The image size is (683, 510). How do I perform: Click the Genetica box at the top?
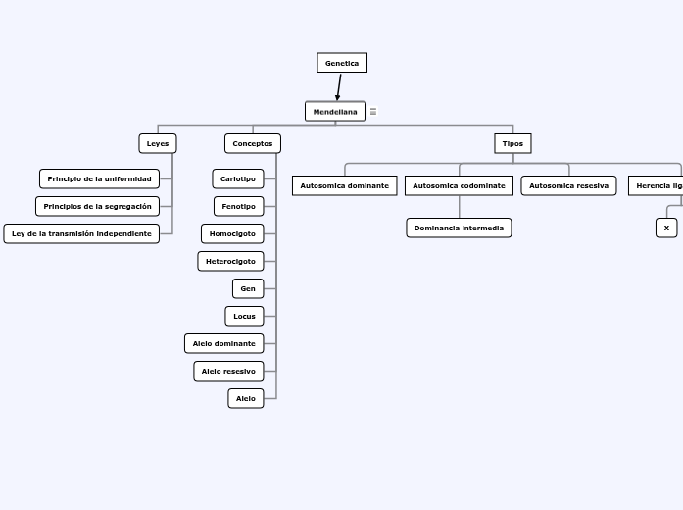coord(342,63)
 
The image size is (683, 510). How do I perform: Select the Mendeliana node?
coord(335,112)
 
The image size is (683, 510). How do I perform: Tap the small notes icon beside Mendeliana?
coord(373,112)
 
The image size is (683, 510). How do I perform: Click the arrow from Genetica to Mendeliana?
coord(339,87)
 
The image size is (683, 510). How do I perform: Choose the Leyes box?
coord(158,143)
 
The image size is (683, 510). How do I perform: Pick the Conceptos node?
coord(253,143)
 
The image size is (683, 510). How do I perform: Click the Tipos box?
coord(512,143)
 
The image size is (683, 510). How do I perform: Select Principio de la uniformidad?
coord(99,178)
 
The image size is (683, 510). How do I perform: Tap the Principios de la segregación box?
coord(97,206)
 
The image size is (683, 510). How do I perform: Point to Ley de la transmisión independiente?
coord(81,233)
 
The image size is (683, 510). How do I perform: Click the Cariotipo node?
coord(238,178)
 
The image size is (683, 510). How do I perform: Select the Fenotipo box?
coord(238,206)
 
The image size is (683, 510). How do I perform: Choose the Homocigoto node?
coord(232,233)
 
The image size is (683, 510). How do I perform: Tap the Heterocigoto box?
coord(230,261)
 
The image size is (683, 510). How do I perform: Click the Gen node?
coord(248,288)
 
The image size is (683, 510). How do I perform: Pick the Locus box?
coord(244,316)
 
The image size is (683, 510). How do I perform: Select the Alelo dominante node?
coord(224,343)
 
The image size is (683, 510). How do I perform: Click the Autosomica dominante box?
coord(344,185)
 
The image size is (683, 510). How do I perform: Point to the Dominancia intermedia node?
coord(459,228)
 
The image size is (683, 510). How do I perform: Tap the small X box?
coord(666,228)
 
